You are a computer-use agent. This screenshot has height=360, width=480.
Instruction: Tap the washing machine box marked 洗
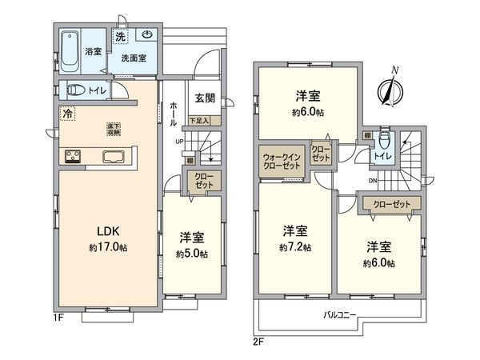[119, 38]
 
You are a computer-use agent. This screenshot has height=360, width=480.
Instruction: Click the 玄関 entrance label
[204, 98]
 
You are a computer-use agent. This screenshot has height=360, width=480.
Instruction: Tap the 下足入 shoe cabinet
[199, 121]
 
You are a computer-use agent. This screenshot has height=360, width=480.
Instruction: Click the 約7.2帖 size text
[295, 247]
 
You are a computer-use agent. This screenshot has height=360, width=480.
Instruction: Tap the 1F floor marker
[60, 319]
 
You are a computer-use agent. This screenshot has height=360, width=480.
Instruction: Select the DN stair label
[373, 182]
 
